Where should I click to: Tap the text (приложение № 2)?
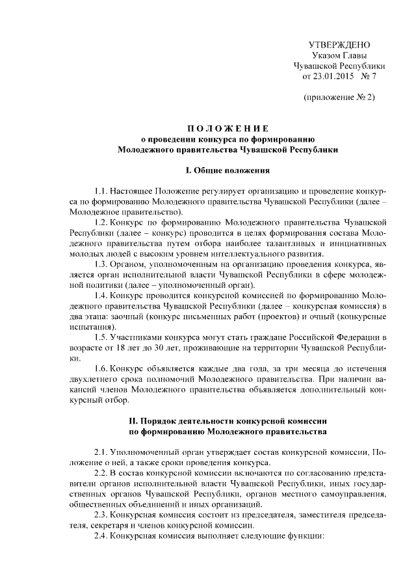(339, 97)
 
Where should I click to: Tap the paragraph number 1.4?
(100, 296)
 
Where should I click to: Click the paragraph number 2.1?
(100, 452)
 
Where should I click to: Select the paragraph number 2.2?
(100, 472)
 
